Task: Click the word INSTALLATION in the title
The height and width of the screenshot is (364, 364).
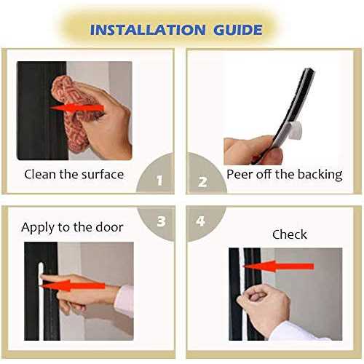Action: click(x=148, y=30)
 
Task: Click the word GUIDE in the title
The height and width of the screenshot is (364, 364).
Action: click(x=238, y=30)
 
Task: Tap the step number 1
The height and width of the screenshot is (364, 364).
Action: click(x=159, y=181)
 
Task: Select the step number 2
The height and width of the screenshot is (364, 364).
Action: click(x=202, y=182)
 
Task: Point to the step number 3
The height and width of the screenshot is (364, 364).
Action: click(x=162, y=221)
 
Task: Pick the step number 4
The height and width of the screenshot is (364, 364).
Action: click(x=200, y=221)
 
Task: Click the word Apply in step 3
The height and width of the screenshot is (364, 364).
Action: click(x=38, y=228)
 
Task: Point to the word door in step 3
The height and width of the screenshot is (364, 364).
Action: click(x=109, y=227)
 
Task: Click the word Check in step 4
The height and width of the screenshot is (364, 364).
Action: click(x=290, y=234)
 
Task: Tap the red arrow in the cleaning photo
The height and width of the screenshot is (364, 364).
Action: click(x=77, y=108)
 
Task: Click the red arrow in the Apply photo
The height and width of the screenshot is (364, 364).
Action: click(x=72, y=285)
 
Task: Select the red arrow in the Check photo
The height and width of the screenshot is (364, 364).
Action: click(x=279, y=266)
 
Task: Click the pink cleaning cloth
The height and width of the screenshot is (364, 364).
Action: click(x=73, y=114)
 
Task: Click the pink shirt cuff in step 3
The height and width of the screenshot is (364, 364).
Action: click(x=124, y=301)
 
